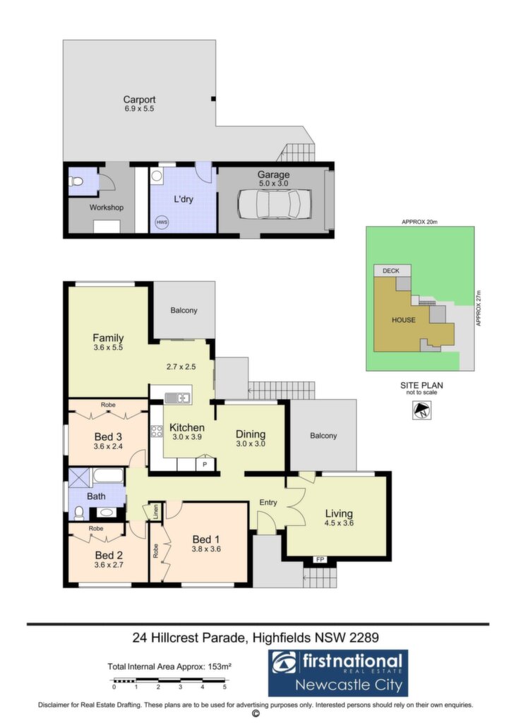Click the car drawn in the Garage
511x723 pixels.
[274, 204]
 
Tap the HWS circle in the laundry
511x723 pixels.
[162, 222]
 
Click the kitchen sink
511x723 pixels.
[177, 398]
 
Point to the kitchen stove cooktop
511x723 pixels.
[157, 431]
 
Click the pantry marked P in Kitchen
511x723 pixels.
[205, 464]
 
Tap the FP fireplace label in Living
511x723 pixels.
[320, 559]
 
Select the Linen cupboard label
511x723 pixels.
[156, 512]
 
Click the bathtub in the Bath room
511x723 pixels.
[108, 475]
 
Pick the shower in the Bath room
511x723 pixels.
[80, 477]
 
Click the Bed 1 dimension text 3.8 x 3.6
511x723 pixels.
[206, 549]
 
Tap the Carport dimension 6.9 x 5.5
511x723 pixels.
[139, 109]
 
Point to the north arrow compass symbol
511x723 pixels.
[421, 410]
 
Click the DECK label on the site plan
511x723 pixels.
[391, 270]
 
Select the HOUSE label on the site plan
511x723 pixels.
[404, 320]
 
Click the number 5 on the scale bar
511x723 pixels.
[225, 687]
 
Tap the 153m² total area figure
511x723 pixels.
[220, 667]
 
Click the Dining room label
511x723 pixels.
[251, 434]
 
